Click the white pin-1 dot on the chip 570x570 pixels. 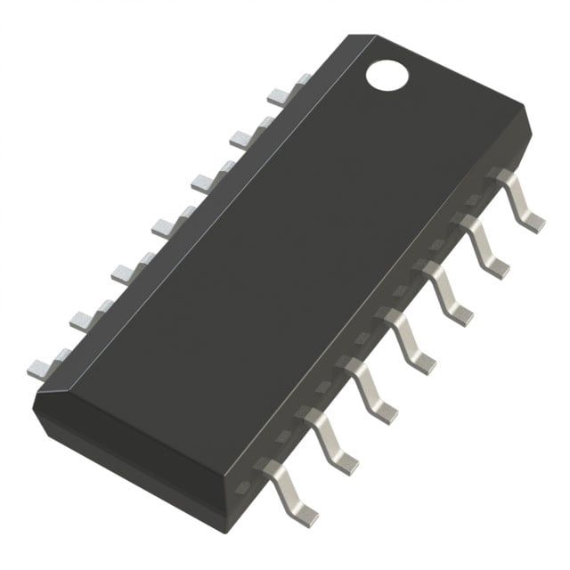pyautogui.click(x=387, y=74)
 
